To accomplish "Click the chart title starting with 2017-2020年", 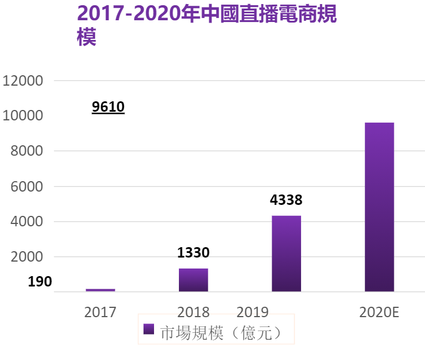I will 206,24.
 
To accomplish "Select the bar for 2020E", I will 379,207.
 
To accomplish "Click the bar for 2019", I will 286,254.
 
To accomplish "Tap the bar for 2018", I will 193,280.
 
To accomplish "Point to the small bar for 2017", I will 100,289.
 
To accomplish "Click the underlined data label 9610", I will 108,107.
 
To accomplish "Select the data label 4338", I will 286,201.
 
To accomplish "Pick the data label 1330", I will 193,253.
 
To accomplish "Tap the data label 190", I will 40,282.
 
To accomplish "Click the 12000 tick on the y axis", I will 23,80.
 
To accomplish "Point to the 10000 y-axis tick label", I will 23,116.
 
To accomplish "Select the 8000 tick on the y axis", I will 27,151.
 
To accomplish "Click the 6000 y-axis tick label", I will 27,186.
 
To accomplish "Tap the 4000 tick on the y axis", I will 27,222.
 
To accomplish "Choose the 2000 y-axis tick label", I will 27,257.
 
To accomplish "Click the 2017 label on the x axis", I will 100,312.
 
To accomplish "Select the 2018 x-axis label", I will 193,312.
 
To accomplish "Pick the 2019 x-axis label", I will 253,312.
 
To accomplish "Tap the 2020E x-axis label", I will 379,312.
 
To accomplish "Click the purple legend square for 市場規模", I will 149,329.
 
